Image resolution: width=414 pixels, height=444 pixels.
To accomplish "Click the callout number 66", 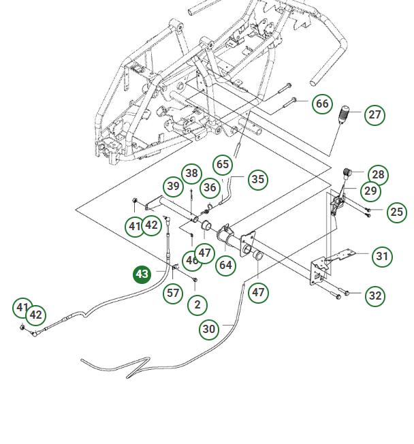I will pos(322,104).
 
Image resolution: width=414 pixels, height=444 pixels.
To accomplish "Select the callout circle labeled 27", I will pos(375,114).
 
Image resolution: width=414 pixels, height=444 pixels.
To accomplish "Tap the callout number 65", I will pos(223,164).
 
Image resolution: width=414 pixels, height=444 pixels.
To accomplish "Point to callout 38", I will pos(192,173).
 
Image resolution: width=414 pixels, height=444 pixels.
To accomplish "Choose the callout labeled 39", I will pos(174,186).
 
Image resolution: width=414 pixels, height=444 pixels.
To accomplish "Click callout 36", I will pos(210,187).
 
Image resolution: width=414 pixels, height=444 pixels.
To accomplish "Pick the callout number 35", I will pos(257,180).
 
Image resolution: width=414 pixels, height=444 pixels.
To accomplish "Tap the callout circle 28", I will pos(378,175).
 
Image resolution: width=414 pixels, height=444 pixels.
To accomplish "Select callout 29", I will pos(370,191).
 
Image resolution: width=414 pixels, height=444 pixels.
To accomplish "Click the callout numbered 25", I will pos(396,212).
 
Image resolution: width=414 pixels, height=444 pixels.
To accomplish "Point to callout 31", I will pos(383,256).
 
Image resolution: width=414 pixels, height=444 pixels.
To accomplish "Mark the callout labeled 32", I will pos(375,296).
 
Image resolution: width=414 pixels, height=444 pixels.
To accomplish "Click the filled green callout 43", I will pos(142,274).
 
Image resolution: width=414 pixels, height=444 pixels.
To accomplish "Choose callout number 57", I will pos(174,293).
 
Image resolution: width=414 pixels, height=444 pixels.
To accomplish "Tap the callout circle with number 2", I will pos(197,304).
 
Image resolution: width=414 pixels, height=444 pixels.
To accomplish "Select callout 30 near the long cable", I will pos(209,329).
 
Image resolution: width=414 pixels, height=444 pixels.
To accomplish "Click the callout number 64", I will pos(225,265).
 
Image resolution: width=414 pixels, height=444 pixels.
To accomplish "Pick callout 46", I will pos(191,260).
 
